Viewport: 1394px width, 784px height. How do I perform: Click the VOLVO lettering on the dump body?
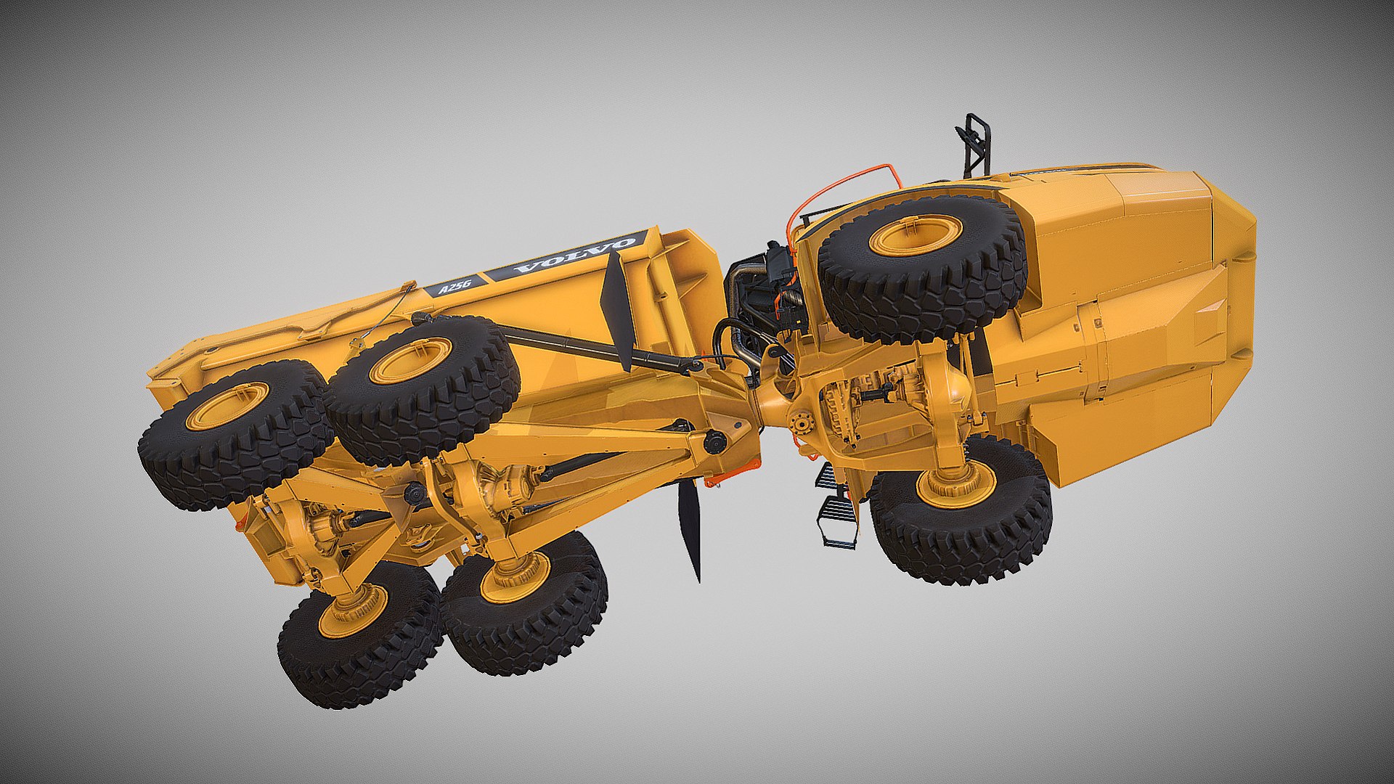(x=574, y=256)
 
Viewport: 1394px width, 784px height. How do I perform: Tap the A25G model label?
(x=453, y=285)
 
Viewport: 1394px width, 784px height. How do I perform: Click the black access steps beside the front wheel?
(x=835, y=505)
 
